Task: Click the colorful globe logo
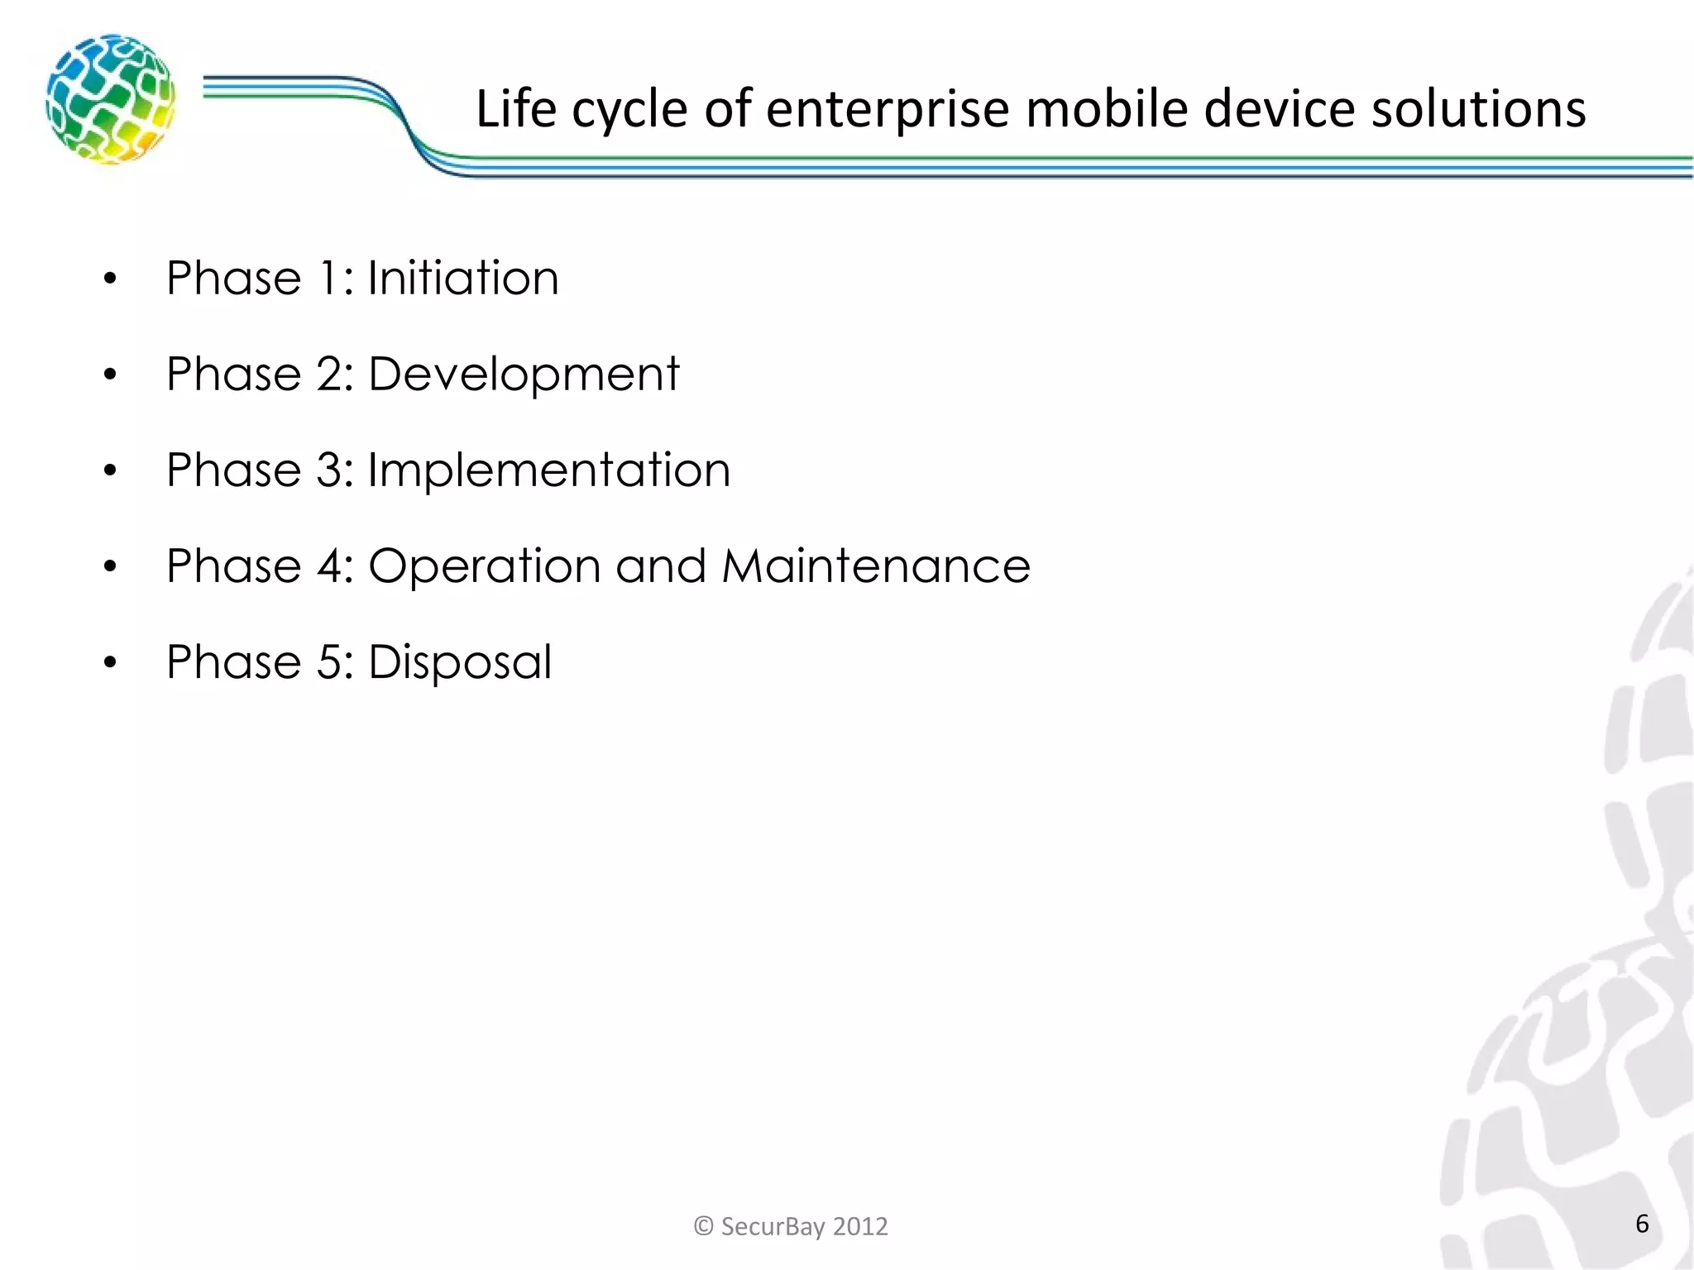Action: pos(110,99)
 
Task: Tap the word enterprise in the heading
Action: pos(887,109)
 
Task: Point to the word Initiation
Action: pos(463,278)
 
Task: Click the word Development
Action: pos(523,375)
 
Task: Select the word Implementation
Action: pos(548,470)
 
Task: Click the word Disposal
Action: pos(459,662)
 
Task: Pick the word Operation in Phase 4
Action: pos(484,566)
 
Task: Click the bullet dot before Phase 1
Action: pos(111,279)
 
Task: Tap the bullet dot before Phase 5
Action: pos(111,663)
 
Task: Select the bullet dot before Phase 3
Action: pos(111,471)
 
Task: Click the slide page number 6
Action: pos(1642,1224)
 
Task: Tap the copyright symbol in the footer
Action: pos(703,1225)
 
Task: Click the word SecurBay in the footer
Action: pos(773,1225)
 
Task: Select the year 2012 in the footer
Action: pos(860,1225)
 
